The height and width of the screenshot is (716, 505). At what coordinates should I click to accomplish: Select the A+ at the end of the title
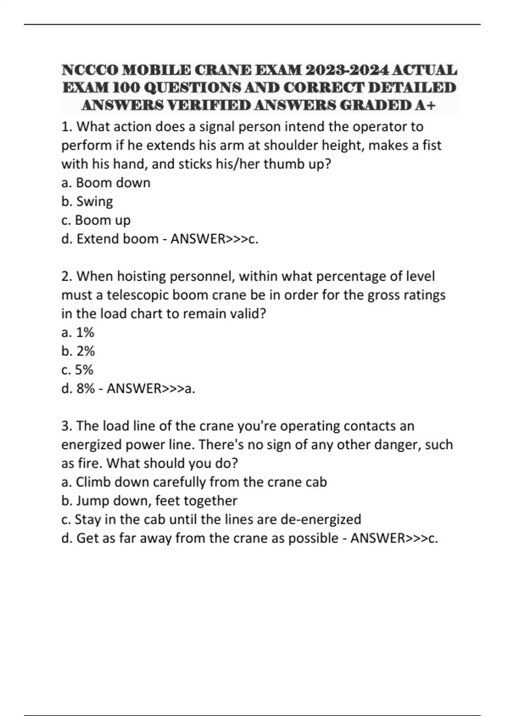click(425, 105)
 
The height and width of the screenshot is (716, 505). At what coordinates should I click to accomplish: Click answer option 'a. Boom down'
click(106, 183)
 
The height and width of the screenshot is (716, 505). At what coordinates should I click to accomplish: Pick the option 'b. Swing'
click(87, 201)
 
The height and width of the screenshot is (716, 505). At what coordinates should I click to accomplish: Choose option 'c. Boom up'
click(96, 220)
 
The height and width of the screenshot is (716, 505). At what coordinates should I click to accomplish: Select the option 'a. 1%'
click(78, 332)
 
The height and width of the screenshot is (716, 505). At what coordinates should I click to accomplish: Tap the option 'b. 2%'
click(78, 351)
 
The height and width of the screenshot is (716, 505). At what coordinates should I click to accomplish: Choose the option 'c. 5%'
click(77, 370)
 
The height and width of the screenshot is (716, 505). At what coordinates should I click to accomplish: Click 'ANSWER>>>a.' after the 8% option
click(151, 388)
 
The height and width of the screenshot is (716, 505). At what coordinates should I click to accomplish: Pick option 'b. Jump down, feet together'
click(149, 500)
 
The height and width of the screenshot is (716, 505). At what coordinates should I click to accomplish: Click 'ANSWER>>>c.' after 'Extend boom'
click(214, 239)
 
